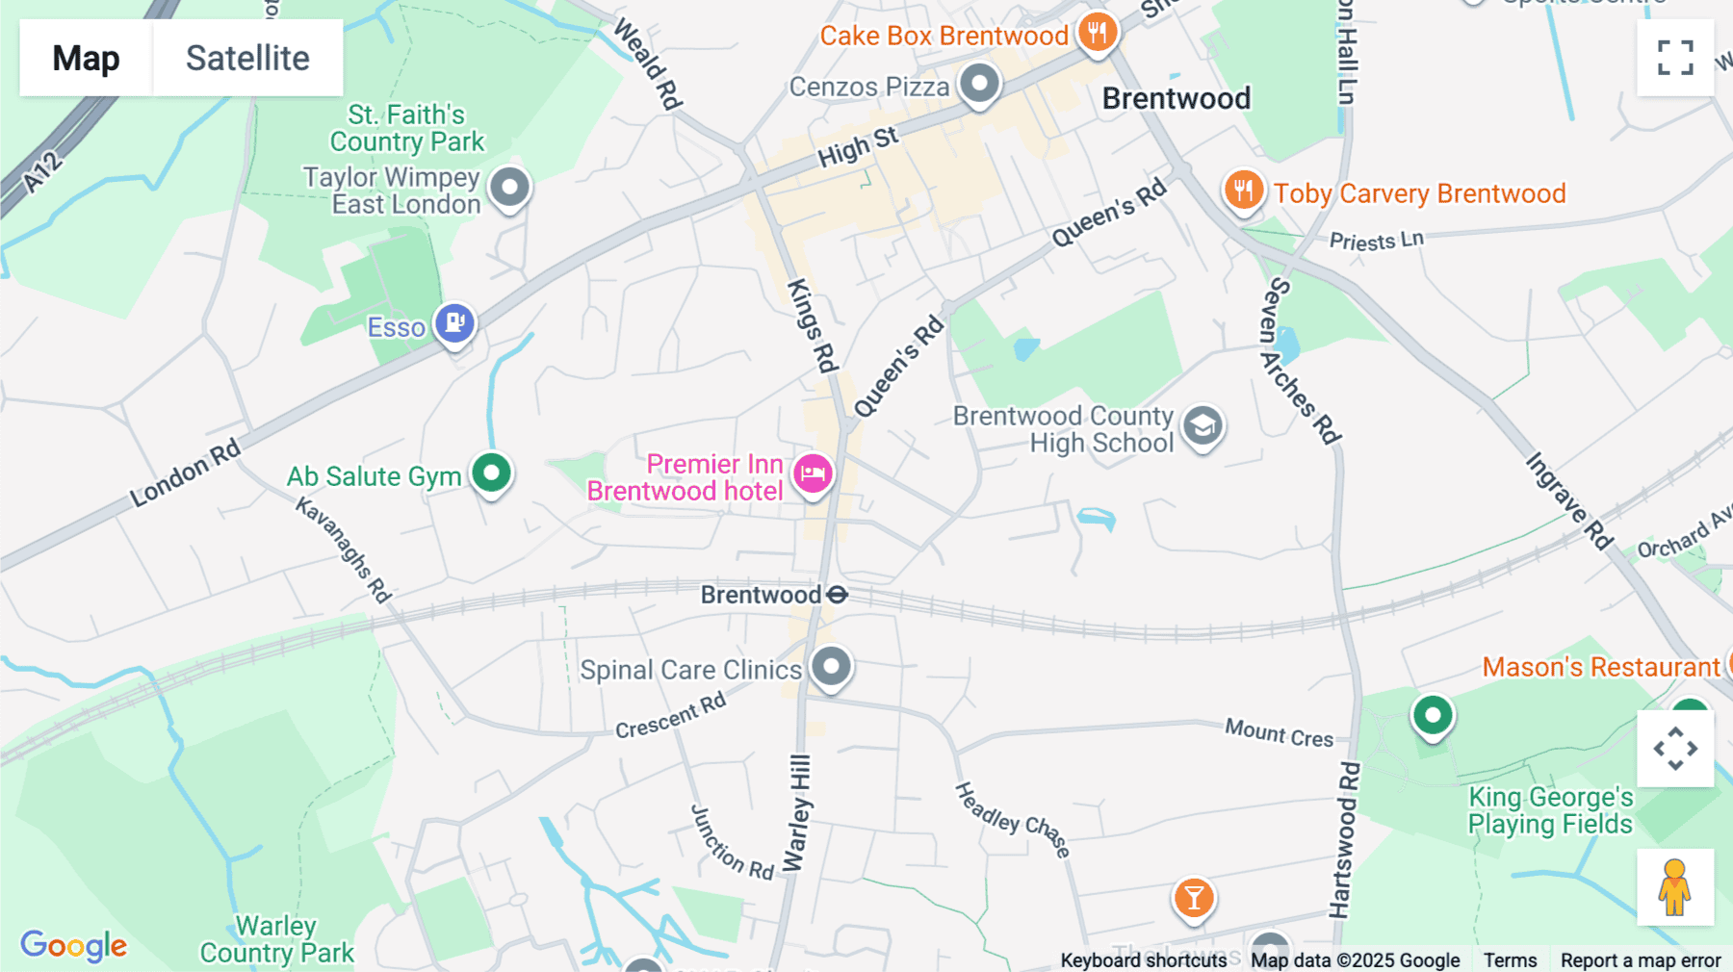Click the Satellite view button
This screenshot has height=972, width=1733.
[x=247, y=58]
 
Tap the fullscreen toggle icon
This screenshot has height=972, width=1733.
[x=1675, y=58]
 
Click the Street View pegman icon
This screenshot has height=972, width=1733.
[x=1674, y=887]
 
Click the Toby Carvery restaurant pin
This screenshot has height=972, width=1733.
[x=1243, y=191]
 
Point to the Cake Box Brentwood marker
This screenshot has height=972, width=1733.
[x=1097, y=33]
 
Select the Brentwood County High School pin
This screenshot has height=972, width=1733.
[x=1203, y=425]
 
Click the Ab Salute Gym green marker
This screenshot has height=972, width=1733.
[x=492, y=473]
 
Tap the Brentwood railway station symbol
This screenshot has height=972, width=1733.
[x=838, y=595]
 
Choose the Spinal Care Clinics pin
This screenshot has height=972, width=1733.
[x=831, y=666]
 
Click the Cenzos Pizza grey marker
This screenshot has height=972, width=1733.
[x=979, y=84]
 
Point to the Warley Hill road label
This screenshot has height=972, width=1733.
[x=798, y=813]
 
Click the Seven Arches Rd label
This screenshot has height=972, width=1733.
[x=1300, y=361]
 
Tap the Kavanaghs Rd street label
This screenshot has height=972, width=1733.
[x=344, y=550]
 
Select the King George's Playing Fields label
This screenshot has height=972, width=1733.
[x=1550, y=810]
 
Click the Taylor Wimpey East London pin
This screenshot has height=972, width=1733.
[x=509, y=187]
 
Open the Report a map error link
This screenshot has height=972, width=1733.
[x=1640, y=959]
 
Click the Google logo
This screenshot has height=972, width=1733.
[x=73, y=945]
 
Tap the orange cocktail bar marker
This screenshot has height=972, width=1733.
[x=1194, y=898]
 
